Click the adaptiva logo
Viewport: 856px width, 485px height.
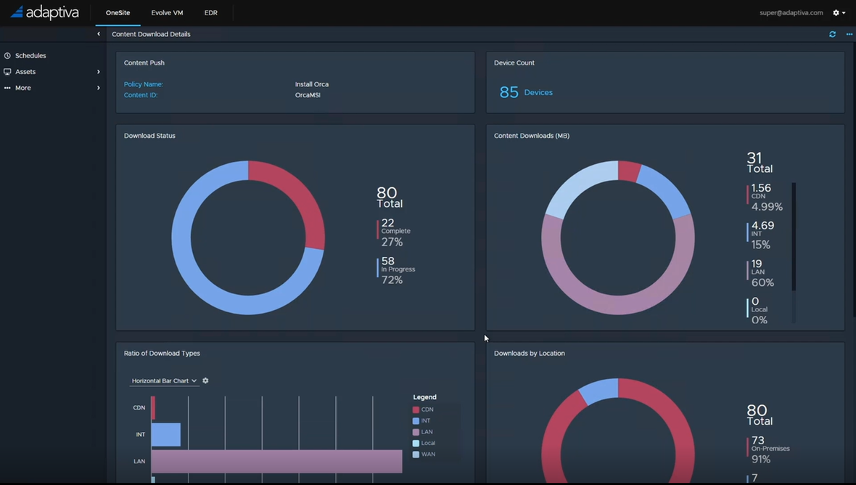point(45,12)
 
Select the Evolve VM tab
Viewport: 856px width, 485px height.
point(167,13)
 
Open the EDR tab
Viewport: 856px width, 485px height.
point(211,13)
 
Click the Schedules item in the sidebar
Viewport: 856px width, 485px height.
point(30,56)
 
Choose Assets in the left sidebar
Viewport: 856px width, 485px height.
point(25,72)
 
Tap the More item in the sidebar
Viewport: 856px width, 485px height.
point(23,88)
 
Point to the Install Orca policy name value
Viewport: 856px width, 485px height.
point(312,84)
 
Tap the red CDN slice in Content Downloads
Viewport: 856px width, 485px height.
point(628,171)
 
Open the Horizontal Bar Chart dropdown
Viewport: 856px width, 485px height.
point(164,380)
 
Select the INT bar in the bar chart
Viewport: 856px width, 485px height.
point(166,435)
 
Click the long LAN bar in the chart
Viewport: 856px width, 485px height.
point(276,461)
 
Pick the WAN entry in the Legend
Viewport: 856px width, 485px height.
point(427,455)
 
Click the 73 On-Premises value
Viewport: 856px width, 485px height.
point(769,449)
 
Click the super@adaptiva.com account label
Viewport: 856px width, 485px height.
point(791,13)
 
